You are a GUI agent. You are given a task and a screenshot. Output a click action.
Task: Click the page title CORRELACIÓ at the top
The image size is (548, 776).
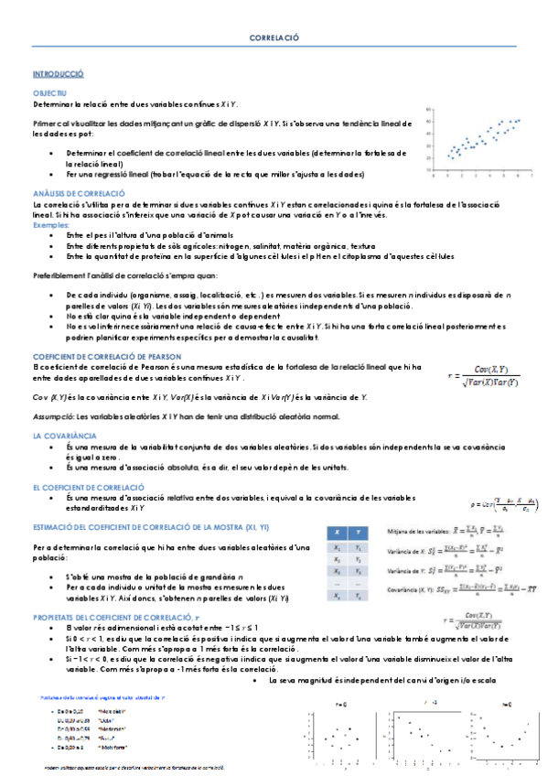click(274, 39)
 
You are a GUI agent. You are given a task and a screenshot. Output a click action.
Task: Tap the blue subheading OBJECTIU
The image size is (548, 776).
click(48, 93)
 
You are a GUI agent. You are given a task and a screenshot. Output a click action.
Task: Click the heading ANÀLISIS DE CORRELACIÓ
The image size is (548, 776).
click(78, 193)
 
